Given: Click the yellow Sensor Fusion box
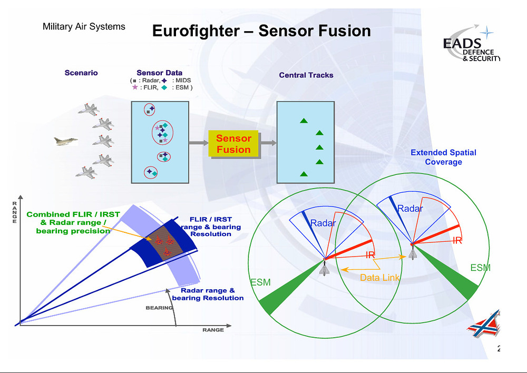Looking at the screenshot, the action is pos(233,143).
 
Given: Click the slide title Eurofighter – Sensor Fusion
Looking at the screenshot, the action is pos(261,31).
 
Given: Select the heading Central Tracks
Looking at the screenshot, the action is pos(306,75).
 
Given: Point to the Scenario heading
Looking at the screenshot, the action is pos(81,73).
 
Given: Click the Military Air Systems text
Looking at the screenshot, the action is pos(84,26).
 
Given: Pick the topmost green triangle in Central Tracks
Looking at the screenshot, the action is pos(304,120).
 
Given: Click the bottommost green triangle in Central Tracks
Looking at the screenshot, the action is pos(304,174).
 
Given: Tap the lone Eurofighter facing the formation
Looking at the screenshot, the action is pos(66,141).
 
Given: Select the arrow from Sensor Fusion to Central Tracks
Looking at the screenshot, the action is pos(268,143).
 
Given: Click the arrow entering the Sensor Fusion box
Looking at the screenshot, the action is pos(199,143).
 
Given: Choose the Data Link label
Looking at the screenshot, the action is pos(379,278).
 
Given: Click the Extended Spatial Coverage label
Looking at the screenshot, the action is pos(443,157).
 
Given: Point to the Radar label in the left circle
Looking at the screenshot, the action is pos(323,223).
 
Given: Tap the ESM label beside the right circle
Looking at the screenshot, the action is pos(480,268).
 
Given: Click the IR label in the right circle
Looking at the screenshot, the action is pos(457,240).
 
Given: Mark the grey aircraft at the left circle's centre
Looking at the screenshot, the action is pos(324,268).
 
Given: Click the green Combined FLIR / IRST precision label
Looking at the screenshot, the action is pos(73,222).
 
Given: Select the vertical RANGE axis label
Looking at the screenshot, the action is pos(14,212).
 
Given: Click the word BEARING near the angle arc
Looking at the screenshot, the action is pos(159,308).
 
